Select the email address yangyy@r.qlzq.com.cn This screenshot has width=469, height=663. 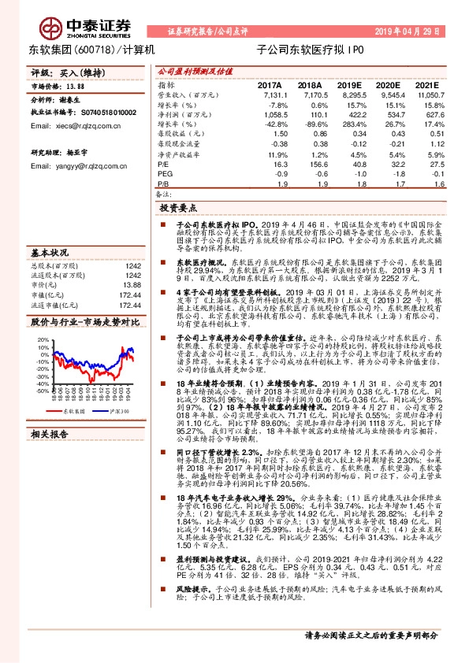pyautogui.click(x=73, y=166)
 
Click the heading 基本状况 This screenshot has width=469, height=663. pyautogui.click(x=50, y=254)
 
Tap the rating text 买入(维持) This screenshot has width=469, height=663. pyautogui.click(x=76, y=72)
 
